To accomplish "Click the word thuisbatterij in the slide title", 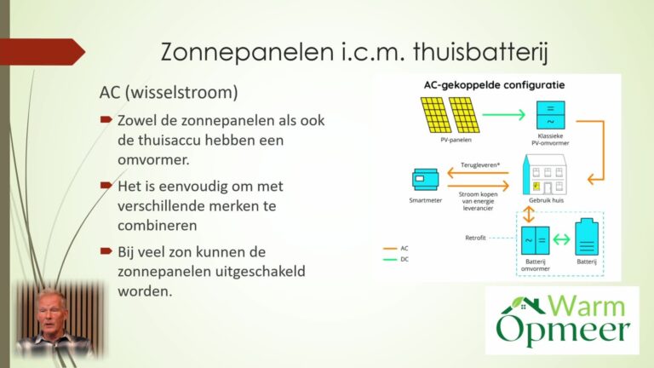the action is point(480,52).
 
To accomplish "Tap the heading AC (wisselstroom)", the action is point(169,92).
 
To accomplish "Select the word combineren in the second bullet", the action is point(158,225).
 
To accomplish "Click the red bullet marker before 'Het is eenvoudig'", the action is point(106,185).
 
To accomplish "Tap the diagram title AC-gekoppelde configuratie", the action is point(494,85).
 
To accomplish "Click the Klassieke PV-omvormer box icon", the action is point(551,115).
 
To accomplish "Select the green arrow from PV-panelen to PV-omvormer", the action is point(504,114).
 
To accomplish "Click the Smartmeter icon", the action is point(425,180).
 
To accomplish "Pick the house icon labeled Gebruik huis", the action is point(545,175).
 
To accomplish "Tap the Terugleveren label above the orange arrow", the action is point(480,164).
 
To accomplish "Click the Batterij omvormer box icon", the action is point(535,240).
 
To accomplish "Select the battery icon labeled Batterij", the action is point(587,237).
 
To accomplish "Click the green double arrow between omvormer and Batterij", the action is point(561,239).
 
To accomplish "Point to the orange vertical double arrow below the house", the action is point(529,214).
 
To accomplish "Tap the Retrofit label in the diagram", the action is point(475,238).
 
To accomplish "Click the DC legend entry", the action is point(396,259).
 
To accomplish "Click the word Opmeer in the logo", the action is point(563,331).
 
